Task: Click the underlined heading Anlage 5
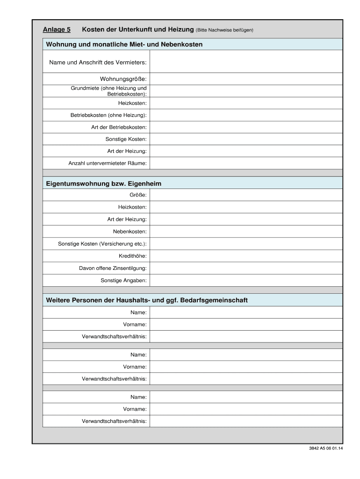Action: [x=57, y=30]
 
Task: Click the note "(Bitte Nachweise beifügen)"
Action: [x=224, y=30]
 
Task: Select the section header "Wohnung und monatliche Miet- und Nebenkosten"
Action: [x=124, y=44]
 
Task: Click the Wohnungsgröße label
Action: [x=123, y=79]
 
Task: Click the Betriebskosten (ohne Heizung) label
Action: [x=108, y=115]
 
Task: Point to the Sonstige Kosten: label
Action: [x=126, y=139]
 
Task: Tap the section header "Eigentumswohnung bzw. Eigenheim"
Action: [x=103, y=183]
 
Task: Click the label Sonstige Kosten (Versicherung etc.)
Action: [x=102, y=244]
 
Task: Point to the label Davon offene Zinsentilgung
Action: [x=112, y=268]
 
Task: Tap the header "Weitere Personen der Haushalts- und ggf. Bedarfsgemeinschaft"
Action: [x=146, y=300]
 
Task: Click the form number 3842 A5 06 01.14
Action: [x=326, y=448]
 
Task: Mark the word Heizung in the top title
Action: [x=180, y=30]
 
